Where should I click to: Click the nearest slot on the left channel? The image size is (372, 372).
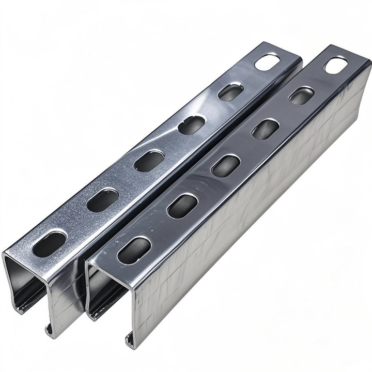(x=50, y=243)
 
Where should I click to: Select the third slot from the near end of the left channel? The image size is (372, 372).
(x=149, y=160)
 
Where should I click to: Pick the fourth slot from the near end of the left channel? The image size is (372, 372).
(x=192, y=125)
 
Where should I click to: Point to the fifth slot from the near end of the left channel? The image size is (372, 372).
(x=230, y=92)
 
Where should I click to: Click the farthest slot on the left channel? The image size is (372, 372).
(x=267, y=63)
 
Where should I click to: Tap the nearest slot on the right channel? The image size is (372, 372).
(x=134, y=250)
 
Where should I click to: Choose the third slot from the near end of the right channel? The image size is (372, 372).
(x=226, y=165)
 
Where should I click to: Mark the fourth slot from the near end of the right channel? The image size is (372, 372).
(x=266, y=129)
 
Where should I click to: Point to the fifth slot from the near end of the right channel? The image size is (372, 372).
(x=302, y=96)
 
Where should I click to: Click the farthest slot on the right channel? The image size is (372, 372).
(x=335, y=65)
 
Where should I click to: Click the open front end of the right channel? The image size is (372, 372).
(x=106, y=295)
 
